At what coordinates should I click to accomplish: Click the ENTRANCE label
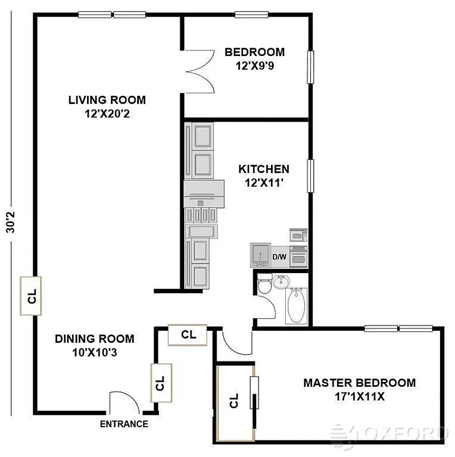pos(124,424)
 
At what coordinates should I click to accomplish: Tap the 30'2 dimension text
pos(10,221)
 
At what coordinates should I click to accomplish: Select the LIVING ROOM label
pos(107,100)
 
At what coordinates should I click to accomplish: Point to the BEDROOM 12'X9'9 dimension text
pos(254,66)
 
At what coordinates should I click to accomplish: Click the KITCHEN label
pos(264,169)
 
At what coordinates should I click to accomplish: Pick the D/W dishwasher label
pos(279,257)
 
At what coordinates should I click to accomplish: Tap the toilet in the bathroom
pos(264,284)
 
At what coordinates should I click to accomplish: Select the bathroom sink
pos(281,281)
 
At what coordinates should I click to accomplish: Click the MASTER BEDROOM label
pos(360,383)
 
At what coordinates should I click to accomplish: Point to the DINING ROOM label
pos(94,339)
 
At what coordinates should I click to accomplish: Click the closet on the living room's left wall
pos(32,296)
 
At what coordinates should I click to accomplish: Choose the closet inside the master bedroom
pos(234,403)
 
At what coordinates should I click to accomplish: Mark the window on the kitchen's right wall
pos(310,175)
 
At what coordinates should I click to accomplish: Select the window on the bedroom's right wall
pos(311,67)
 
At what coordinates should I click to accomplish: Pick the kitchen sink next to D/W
pos(261,255)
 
